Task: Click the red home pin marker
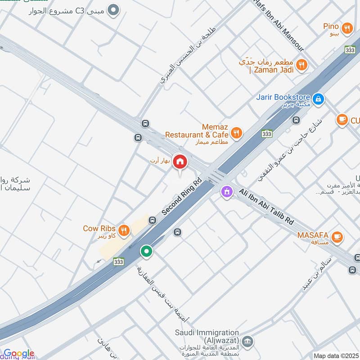180,161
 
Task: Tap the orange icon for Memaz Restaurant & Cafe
236,133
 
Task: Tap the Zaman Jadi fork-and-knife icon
302,65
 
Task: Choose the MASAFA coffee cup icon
336,236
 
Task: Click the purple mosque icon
226,192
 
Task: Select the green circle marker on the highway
146,252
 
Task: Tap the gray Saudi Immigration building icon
247,341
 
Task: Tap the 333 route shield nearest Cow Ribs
119,261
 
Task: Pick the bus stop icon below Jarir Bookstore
296,120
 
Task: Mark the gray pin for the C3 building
115,9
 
